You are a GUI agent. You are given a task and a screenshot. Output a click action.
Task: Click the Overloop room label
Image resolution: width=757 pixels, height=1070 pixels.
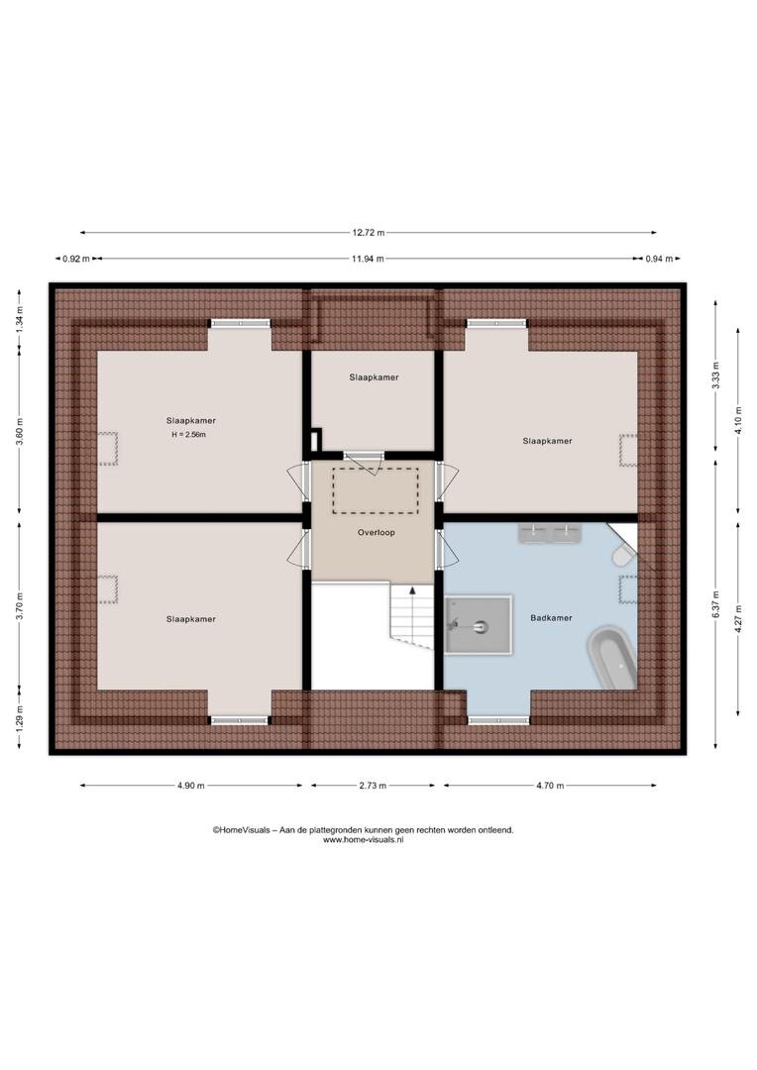coord(377,532)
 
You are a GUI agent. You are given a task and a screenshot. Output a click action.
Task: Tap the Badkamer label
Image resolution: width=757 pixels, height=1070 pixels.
coord(551,618)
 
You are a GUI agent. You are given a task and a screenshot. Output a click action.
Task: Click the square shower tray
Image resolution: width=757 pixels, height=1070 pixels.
coord(478,625)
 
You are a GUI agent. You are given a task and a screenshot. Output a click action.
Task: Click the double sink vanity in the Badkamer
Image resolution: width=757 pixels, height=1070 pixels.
coord(550,533)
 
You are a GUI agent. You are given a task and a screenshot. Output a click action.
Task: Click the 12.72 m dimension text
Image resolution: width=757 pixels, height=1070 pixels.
coord(369,233)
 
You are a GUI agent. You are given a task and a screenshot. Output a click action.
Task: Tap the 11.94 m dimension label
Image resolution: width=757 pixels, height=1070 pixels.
coord(368,259)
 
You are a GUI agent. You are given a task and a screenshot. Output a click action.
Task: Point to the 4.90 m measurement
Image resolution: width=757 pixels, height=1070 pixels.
coord(191,786)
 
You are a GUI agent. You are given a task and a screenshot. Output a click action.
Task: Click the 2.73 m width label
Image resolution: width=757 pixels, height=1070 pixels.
coord(373,786)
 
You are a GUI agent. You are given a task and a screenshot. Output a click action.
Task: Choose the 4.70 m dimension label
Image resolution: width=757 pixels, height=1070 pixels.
coord(550,786)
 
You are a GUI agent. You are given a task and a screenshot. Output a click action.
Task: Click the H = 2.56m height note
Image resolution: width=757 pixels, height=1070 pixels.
coord(189,435)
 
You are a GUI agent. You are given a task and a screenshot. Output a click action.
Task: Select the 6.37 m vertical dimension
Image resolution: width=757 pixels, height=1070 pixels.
coord(715,604)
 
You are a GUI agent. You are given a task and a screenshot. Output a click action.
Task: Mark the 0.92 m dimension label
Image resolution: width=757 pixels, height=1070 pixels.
coord(75,259)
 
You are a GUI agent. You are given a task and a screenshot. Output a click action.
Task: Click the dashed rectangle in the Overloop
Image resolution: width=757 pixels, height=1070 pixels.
coord(376,490)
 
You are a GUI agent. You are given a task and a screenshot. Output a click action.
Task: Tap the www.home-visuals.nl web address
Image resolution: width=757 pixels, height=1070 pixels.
coord(363,840)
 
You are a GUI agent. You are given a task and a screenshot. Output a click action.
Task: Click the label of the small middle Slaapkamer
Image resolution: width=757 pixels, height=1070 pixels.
coord(375,377)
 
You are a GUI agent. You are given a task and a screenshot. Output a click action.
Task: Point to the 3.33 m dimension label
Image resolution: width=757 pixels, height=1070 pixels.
coord(715,375)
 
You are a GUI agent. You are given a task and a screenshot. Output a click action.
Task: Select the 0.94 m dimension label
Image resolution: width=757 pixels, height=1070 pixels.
coord(659,259)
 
